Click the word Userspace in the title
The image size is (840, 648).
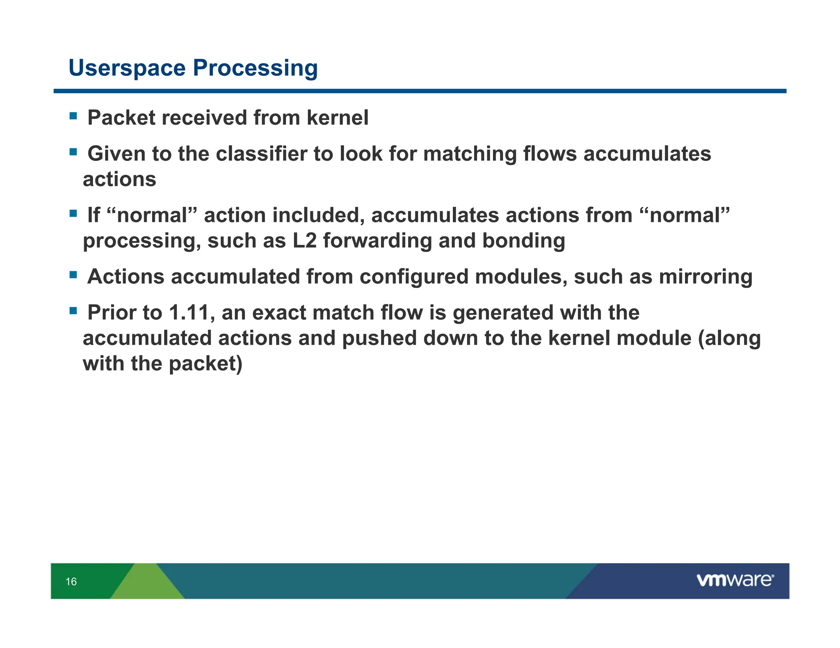point(127,68)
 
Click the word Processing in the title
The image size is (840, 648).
point(255,68)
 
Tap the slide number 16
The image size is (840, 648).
point(71,582)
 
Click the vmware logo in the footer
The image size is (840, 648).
point(735,580)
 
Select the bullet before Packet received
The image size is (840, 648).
point(73,116)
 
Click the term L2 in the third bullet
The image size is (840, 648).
point(304,240)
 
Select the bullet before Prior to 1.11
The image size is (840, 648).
point(73,311)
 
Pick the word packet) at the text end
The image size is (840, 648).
point(205,364)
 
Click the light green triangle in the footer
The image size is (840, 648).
point(146,584)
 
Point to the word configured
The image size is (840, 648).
point(414,276)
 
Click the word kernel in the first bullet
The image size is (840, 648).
point(337,118)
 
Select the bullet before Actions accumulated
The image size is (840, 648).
point(73,275)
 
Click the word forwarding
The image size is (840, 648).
point(377,240)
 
